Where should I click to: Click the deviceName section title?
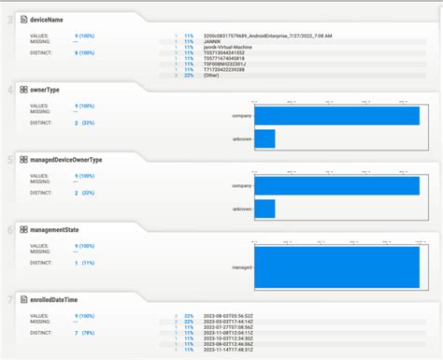click(47, 19)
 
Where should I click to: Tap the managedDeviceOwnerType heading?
click(66, 160)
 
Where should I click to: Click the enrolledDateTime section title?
click(54, 300)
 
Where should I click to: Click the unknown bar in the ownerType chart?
click(264, 138)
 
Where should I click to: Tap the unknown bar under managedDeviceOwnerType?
click(264, 209)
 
